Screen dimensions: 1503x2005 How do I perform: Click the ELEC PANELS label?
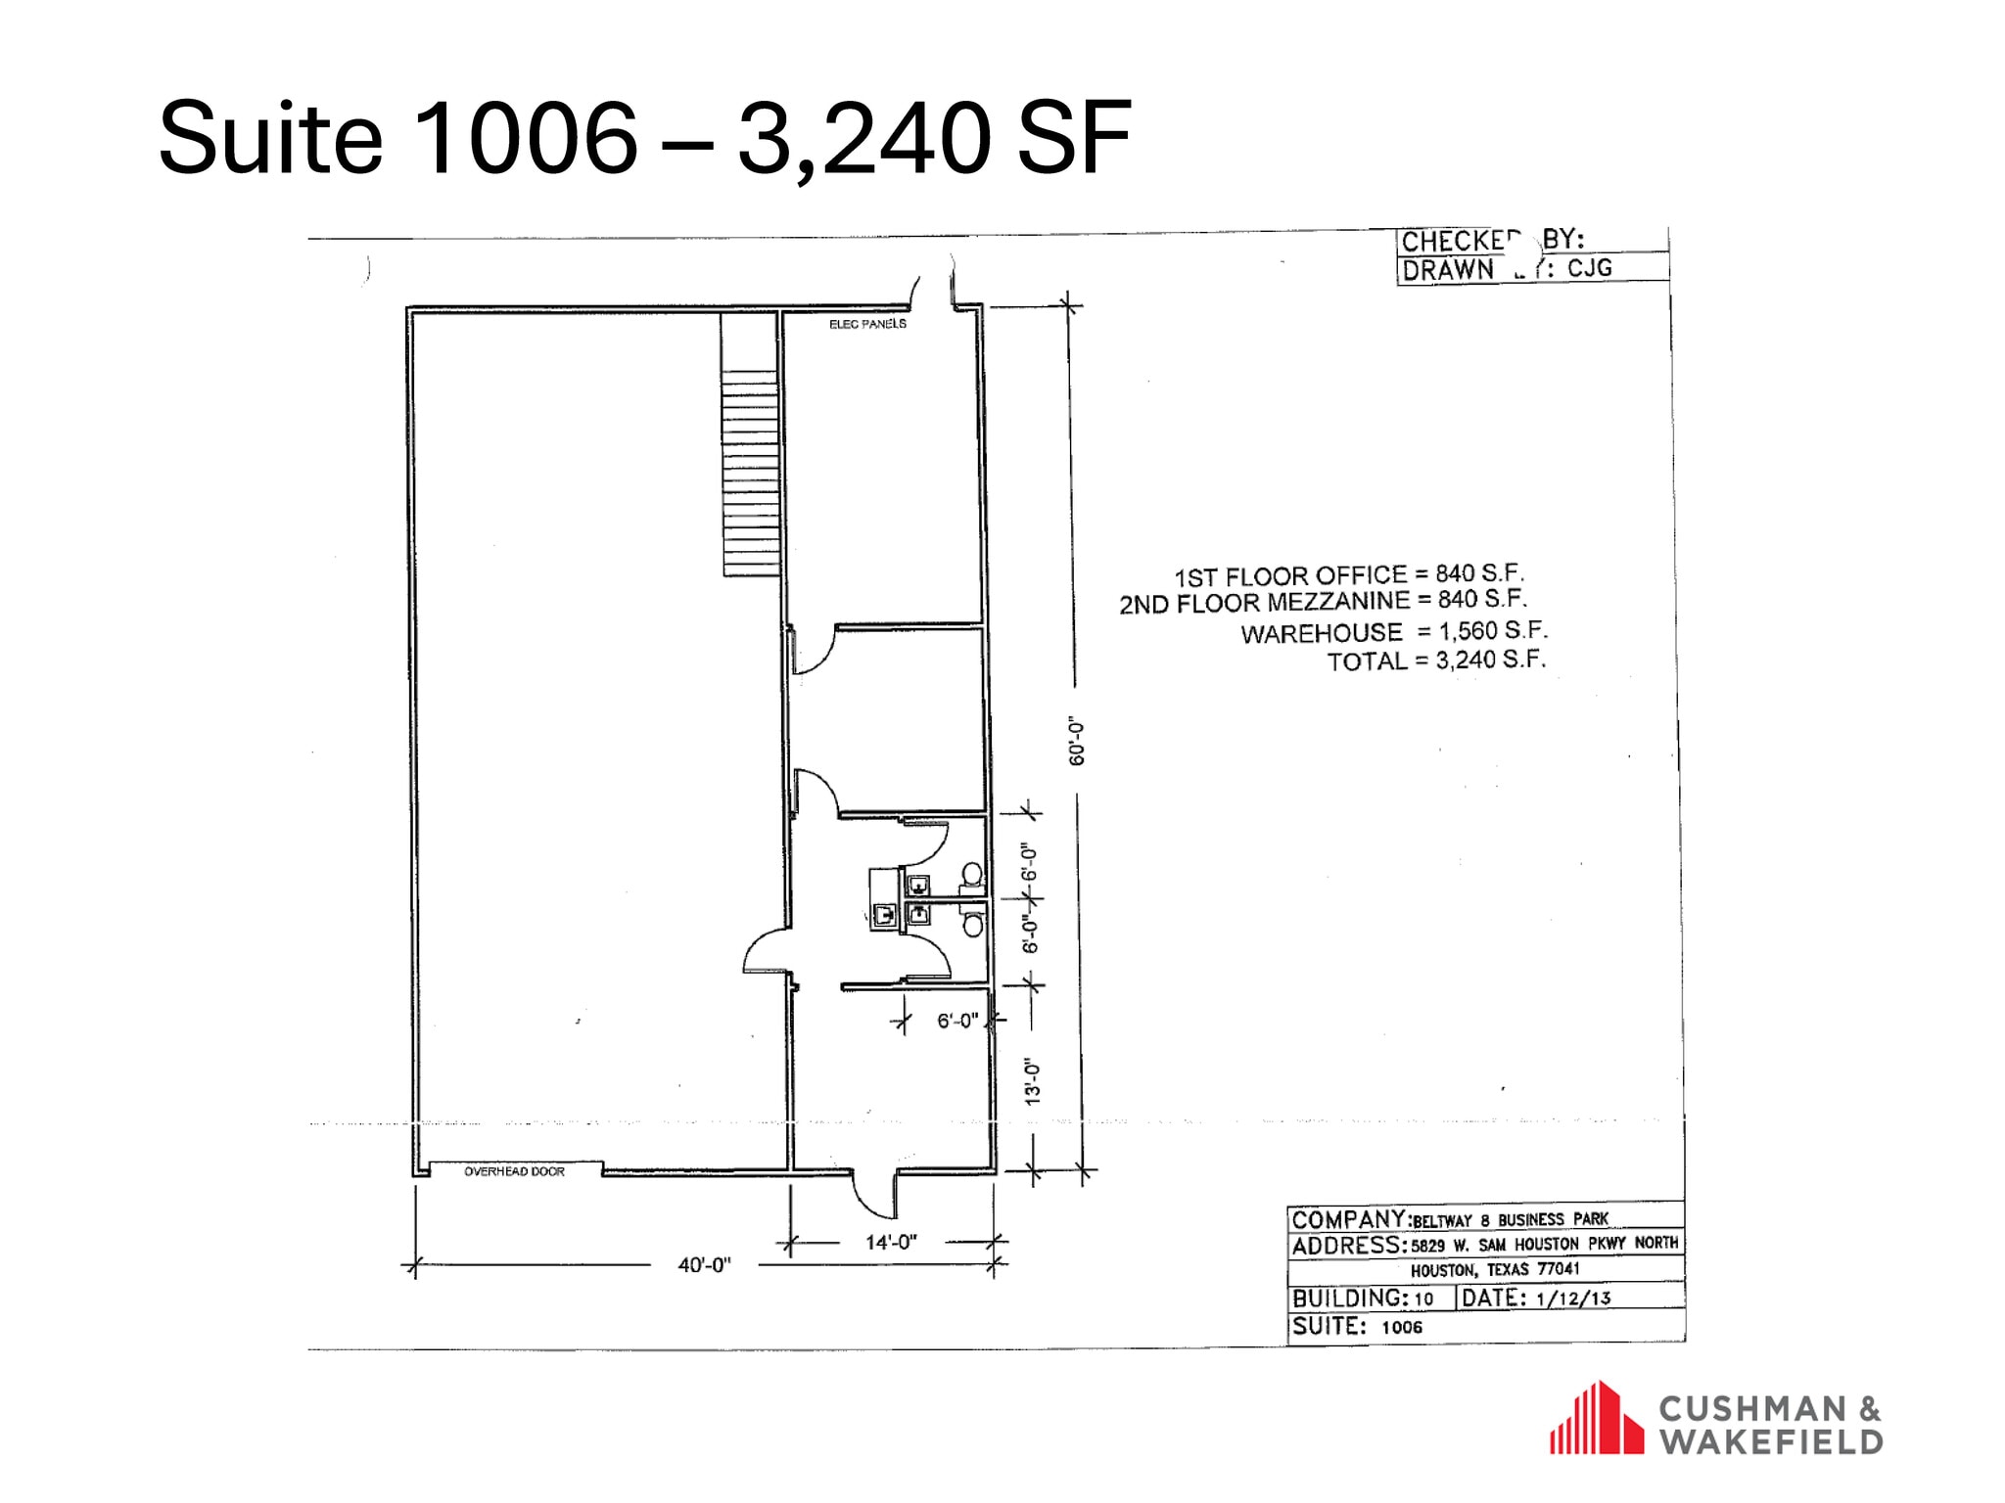click(867, 324)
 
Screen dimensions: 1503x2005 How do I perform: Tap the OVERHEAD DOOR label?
click(514, 1171)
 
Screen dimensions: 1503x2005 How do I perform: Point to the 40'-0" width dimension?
click(704, 1265)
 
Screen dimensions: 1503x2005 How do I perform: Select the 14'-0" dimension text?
click(891, 1242)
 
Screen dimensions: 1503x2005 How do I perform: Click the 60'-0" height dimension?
click(1077, 741)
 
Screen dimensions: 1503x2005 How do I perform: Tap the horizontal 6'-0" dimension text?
click(956, 1021)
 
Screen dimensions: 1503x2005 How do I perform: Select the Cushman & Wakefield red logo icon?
click(1596, 1418)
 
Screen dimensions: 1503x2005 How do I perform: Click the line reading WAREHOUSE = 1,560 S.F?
click(1394, 632)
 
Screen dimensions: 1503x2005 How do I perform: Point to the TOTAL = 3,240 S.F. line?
click(1436, 660)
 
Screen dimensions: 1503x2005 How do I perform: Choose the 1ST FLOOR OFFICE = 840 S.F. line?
click(1349, 574)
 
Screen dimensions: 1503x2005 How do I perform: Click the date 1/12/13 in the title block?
click(1573, 1298)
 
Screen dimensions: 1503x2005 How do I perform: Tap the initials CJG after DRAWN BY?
click(1590, 268)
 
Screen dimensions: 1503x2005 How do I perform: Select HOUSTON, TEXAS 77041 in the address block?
click(1495, 1270)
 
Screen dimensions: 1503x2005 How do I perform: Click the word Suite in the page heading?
click(270, 138)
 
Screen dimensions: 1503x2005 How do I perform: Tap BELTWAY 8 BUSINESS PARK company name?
click(1511, 1220)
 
